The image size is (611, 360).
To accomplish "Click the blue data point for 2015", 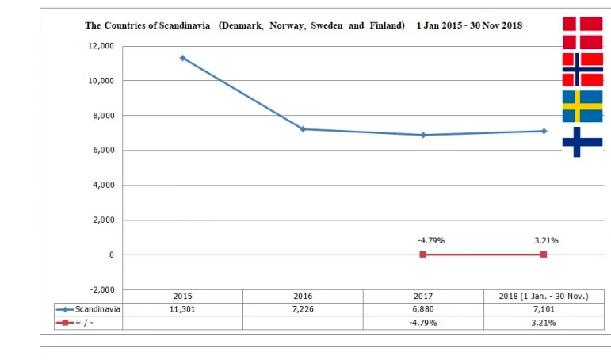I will click(x=183, y=58).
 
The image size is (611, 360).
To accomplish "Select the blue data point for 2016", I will click(x=303, y=129).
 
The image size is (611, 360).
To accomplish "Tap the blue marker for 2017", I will click(x=423, y=135).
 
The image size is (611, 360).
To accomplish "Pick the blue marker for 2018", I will click(x=544, y=131).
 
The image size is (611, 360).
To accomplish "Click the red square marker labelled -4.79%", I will click(x=423, y=255).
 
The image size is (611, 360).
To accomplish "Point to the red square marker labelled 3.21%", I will click(x=544, y=255).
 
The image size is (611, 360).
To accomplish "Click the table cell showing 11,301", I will click(x=182, y=309).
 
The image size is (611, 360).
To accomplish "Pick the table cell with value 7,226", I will click(x=303, y=309).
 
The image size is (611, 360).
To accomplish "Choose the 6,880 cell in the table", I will click(x=423, y=309).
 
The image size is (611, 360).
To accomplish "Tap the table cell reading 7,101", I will click(x=544, y=309).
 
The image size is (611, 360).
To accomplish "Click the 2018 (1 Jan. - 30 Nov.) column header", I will click(x=544, y=296).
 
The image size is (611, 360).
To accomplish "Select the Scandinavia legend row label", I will click(x=97, y=309).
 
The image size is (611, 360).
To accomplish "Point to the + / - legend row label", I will click(x=84, y=323).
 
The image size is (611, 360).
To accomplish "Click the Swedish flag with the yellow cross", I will click(x=582, y=106).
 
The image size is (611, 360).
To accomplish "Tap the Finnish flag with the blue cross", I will click(x=582, y=142).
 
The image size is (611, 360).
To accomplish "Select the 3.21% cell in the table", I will click(x=544, y=323).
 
